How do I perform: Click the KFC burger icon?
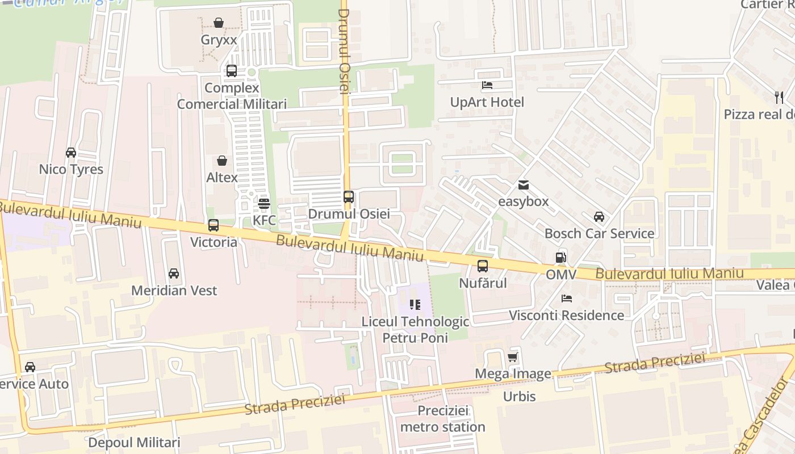pos(263,203)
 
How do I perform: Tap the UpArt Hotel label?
pos(487,102)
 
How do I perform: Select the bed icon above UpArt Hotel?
pos(487,86)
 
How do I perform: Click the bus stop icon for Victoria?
pos(214,225)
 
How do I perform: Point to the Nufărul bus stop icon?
pos(483,266)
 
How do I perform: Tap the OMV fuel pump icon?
pos(561,258)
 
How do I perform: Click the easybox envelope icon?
pos(523,185)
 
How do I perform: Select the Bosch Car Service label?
pos(599,233)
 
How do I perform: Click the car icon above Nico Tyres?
pos(71,153)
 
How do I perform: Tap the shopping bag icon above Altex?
pos(222,161)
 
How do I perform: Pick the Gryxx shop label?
pos(219,40)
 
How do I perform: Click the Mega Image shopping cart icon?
pos(513,357)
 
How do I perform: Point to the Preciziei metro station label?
pos(443,418)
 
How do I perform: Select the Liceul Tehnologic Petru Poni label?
pos(415,330)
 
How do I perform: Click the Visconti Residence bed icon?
pos(566,299)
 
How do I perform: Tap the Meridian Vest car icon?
pos(174,274)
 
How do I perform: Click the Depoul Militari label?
pos(134,442)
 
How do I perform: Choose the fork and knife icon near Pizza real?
pos(779,98)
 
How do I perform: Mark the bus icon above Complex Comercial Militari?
pos(232,71)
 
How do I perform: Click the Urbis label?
pos(519,396)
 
